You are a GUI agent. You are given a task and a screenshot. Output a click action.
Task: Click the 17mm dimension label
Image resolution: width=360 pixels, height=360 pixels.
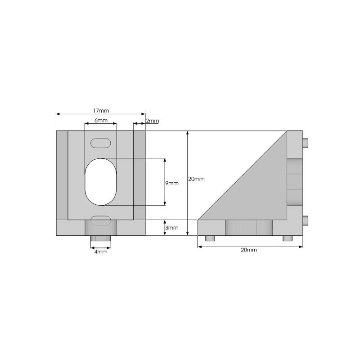[x=101, y=111]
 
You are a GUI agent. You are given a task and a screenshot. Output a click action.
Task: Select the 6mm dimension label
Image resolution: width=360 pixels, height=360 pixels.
[x=101, y=120]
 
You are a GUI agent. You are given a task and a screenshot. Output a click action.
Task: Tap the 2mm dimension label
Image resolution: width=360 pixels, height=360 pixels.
[x=153, y=121]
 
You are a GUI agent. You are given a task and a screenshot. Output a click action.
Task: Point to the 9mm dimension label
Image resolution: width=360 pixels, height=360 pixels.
[x=172, y=183]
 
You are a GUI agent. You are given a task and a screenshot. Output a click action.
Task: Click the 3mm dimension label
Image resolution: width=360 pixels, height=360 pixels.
[x=172, y=228]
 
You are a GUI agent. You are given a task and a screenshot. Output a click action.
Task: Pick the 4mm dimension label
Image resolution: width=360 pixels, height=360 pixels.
[x=101, y=252]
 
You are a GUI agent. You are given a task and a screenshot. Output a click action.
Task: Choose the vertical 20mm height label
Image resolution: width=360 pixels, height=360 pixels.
[x=196, y=179]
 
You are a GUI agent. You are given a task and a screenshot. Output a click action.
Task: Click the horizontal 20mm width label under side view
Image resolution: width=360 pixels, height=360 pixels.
[x=249, y=250]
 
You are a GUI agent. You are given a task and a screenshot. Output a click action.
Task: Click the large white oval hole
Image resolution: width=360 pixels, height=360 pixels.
[x=101, y=182]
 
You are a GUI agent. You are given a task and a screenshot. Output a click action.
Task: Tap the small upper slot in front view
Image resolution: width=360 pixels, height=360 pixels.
[x=100, y=143]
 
